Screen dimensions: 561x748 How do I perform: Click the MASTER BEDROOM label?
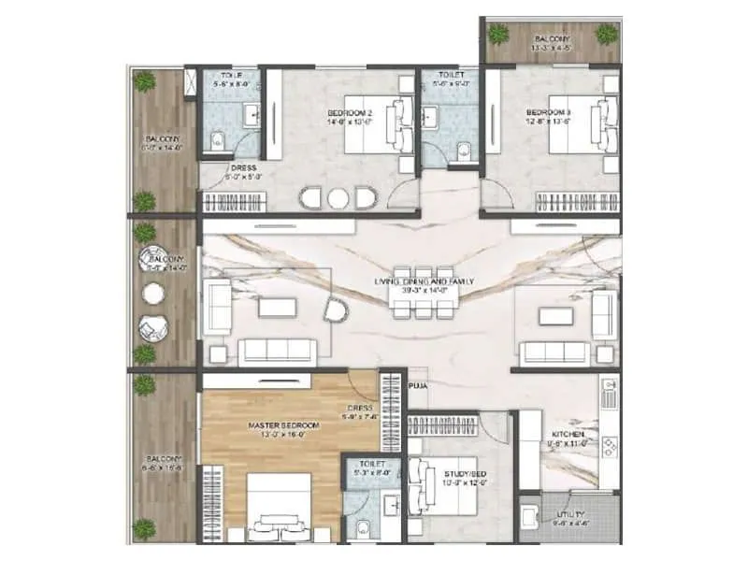point(284,425)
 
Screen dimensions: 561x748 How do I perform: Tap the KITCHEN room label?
point(568,435)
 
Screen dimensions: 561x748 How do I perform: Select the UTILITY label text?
point(568,514)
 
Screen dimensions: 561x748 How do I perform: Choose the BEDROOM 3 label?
point(549,113)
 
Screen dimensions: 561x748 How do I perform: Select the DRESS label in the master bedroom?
point(360,408)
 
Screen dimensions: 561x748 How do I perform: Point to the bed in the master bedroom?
point(279,505)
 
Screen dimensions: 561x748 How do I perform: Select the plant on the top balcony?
point(498,34)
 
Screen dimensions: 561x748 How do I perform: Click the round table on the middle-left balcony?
point(152,293)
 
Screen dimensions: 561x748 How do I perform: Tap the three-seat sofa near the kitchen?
point(558,352)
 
